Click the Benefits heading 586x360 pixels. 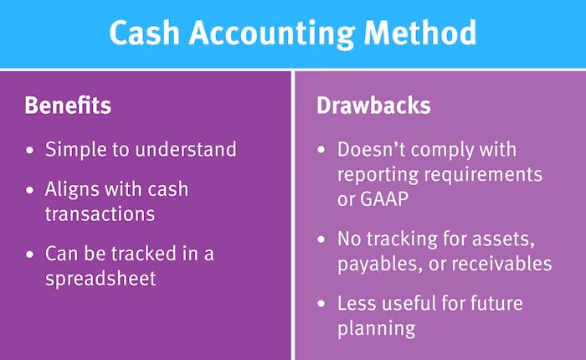click(x=68, y=106)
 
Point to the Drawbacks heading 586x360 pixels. click(x=373, y=106)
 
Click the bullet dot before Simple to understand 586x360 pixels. click(x=31, y=151)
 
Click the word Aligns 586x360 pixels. click(x=71, y=190)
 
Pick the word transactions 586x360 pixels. click(x=100, y=213)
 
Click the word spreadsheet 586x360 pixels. click(x=100, y=279)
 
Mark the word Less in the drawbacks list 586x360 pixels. click(x=357, y=303)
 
